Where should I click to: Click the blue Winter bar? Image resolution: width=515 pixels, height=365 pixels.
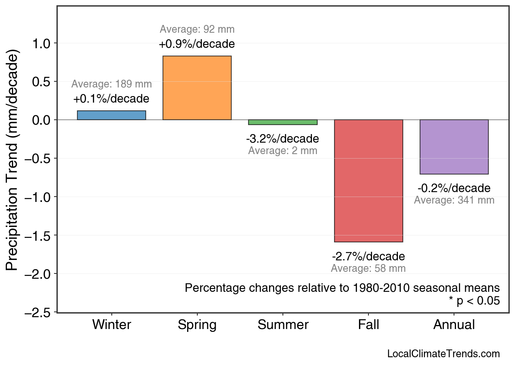111,115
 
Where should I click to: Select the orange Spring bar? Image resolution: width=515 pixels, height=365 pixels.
197,88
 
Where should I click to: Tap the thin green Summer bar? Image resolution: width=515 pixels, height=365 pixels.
282,122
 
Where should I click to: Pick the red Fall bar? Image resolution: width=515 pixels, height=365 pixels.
368,181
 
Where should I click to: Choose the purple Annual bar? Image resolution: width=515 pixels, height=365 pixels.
454,147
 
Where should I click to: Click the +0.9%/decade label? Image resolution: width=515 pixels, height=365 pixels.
197,44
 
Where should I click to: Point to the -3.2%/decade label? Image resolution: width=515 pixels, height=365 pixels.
282,139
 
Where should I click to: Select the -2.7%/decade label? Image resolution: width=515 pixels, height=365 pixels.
368,257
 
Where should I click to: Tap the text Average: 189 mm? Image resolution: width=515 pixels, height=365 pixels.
111,84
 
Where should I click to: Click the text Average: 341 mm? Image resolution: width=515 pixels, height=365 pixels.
454,200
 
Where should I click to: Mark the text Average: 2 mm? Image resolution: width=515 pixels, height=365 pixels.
282,150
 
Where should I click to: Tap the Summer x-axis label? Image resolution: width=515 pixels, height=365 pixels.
283,325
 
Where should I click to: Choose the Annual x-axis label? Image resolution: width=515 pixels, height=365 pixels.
454,325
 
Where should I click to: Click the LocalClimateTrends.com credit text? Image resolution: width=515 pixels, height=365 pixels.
443,354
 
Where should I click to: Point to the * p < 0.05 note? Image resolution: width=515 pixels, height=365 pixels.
474,301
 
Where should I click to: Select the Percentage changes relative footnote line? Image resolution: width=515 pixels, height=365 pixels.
342,288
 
